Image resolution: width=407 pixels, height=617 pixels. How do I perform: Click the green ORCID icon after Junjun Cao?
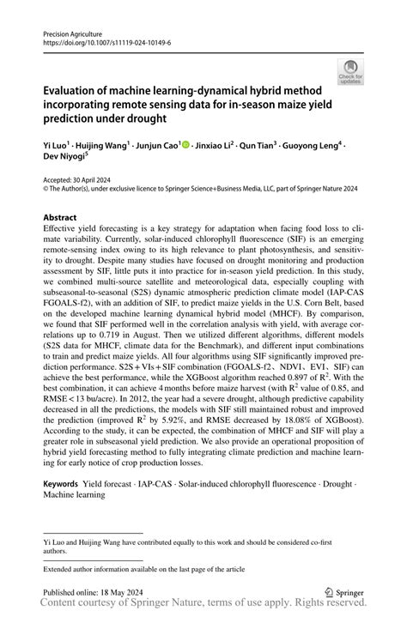tap(185, 146)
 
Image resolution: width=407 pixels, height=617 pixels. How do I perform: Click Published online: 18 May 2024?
tap(90, 592)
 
